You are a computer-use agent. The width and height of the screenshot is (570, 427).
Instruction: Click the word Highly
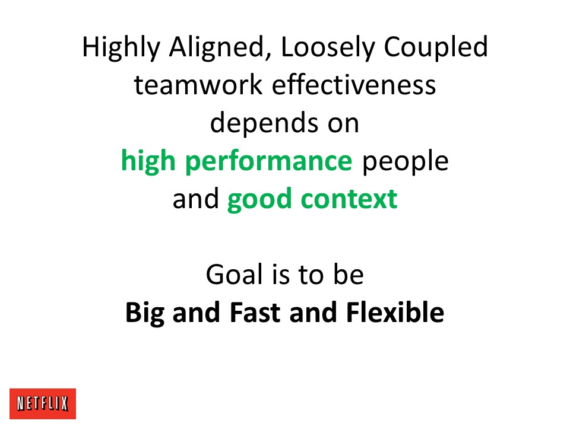click(x=121, y=47)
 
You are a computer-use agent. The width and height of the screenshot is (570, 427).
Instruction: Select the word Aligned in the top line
click(x=217, y=47)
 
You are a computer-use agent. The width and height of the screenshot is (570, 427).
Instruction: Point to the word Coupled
click(x=435, y=47)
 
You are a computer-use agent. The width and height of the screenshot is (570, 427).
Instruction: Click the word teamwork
click(x=198, y=85)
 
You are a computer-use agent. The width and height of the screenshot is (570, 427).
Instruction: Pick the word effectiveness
click(x=354, y=85)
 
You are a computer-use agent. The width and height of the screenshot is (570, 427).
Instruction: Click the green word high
click(x=148, y=161)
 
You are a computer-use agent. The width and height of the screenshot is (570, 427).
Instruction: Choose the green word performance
click(x=268, y=161)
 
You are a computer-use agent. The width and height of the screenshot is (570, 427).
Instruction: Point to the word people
click(x=406, y=161)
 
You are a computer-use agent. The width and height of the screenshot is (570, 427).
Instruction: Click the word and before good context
click(x=195, y=199)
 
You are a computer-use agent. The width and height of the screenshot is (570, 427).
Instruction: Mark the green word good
click(x=259, y=200)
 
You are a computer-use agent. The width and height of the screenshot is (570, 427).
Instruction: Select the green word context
click(x=349, y=199)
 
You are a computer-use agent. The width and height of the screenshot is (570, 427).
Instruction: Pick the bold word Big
click(x=145, y=313)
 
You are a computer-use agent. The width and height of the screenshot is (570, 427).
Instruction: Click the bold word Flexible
click(x=395, y=312)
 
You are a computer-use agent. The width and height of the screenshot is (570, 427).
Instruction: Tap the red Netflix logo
click(x=43, y=404)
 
